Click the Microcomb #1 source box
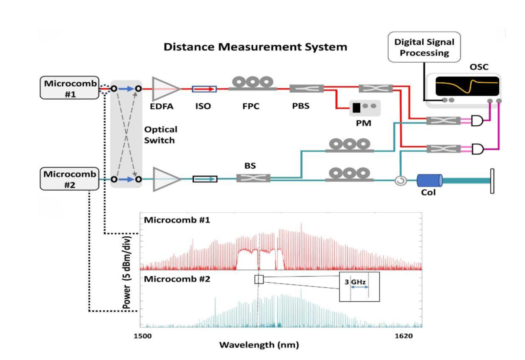(x=70, y=88)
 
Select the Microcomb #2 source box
(x=70, y=179)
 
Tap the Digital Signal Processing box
(x=424, y=47)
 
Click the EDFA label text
(x=161, y=106)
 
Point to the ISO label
(x=203, y=106)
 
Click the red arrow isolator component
(x=204, y=89)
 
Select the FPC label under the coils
(x=251, y=106)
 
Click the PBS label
(x=301, y=106)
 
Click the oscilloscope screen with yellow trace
(x=467, y=86)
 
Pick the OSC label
(x=479, y=67)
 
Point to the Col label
(x=428, y=192)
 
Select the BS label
(x=250, y=166)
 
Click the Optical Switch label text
(x=160, y=135)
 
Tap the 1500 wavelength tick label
(x=143, y=336)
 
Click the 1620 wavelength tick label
(x=404, y=336)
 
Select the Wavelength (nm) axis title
(x=259, y=345)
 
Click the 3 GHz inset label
(x=355, y=282)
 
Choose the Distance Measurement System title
(x=255, y=47)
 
